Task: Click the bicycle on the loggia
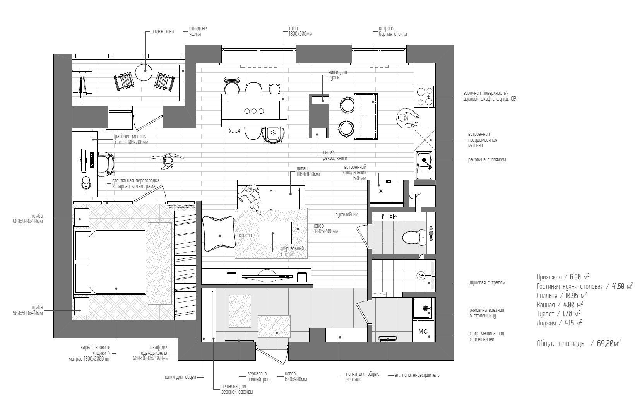tap(82, 87)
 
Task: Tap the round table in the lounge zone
tap(143, 72)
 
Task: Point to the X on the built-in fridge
tap(381, 191)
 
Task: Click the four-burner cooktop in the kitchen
tap(425, 97)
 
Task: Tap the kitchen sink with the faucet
tap(424, 165)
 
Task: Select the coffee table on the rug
tap(275, 233)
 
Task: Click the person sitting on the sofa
tap(250, 199)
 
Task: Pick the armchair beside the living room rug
tap(219, 234)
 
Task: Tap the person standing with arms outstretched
tap(168, 161)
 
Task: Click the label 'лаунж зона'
tap(163, 31)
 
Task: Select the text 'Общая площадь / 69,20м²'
tap(579, 343)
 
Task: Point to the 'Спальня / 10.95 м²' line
tap(562, 296)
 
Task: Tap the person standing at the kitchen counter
tap(407, 118)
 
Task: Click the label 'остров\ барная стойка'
tap(393, 31)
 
